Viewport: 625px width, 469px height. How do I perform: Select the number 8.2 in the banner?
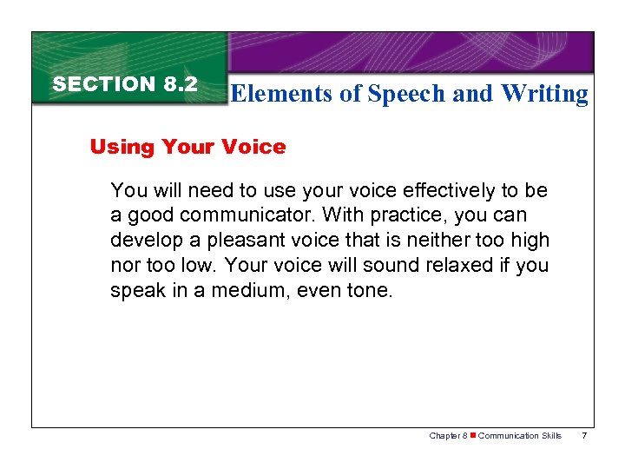[180, 84]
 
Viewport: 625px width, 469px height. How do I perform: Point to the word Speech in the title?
[405, 94]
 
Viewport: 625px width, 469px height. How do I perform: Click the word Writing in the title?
[544, 94]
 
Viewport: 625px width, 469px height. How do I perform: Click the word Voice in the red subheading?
[256, 147]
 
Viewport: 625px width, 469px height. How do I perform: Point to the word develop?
[142, 240]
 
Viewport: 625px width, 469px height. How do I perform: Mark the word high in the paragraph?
[531, 240]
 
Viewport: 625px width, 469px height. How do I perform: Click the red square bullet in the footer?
[472, 436]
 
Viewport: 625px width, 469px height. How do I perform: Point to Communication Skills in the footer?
[520, 436]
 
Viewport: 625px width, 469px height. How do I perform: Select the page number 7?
[584, 436]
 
